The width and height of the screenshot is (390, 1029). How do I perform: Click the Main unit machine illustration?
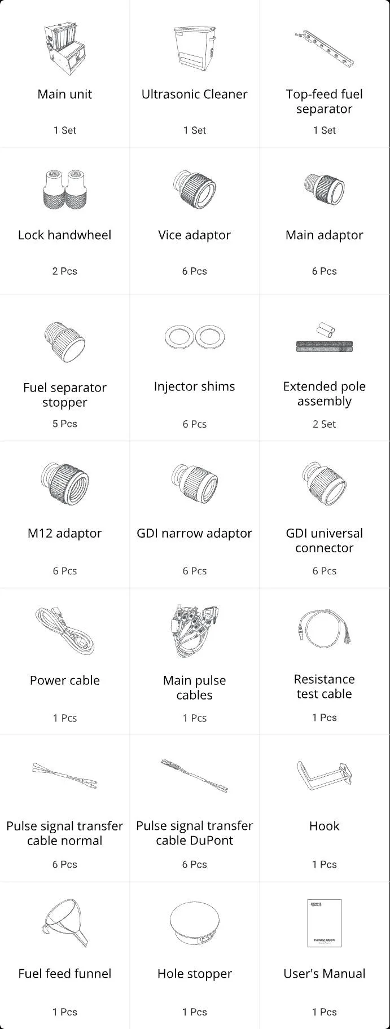(x=64, y=49)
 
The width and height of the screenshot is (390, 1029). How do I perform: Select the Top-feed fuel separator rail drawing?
(x=325, y=49)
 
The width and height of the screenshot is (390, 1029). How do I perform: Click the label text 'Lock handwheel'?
(x=64, y=235)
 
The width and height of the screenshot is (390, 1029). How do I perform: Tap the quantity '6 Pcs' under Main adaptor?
(x=325, y=271)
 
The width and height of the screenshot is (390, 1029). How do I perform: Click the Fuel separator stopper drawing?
(x=64, y=341)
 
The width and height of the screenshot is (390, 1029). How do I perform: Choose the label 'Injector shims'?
(x=195, y=386)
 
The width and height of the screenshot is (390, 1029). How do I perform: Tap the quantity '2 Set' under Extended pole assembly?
(x=325, y=424)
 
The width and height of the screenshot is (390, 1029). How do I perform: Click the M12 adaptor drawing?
(x=64, y=483)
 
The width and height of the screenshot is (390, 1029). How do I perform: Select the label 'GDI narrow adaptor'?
(x=195, y=533)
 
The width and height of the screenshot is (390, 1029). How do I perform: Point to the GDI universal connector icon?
(x=325, y=483)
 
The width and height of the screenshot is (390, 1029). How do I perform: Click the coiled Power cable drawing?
(x=64, y=631)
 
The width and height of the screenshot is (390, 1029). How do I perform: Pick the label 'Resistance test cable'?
(x=325, y=687)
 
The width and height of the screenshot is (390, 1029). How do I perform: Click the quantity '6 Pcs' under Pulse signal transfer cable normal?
(x=64, y=864)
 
